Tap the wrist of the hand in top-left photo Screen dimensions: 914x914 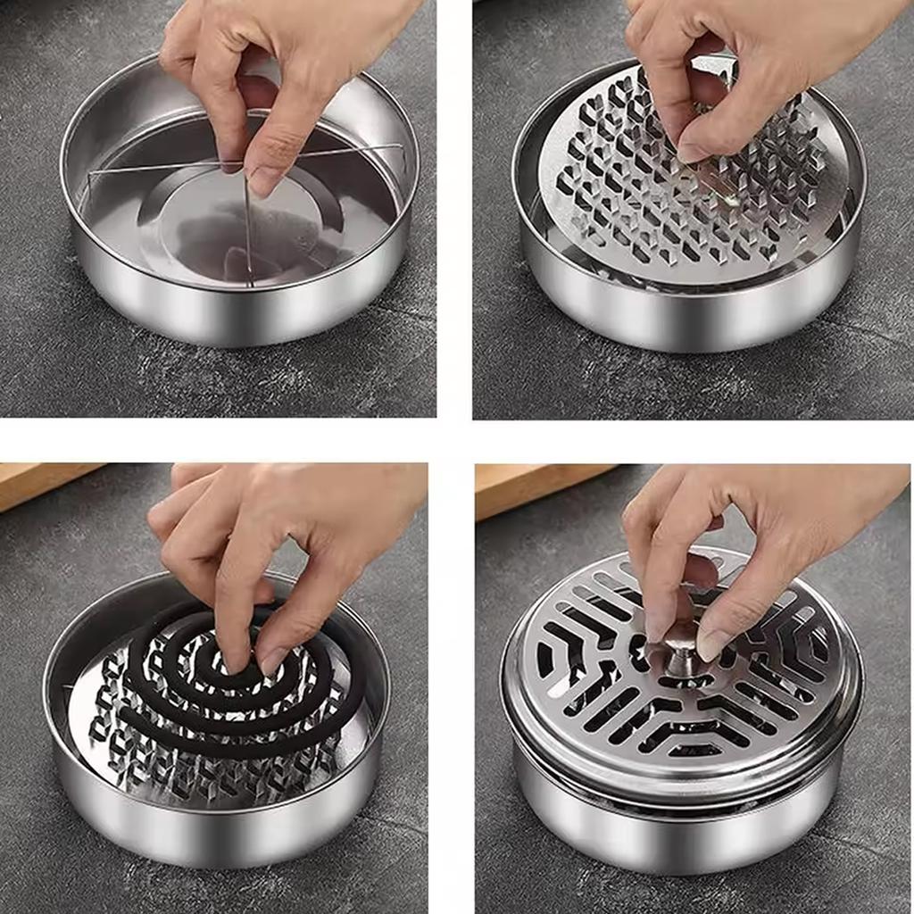[375, 22]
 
